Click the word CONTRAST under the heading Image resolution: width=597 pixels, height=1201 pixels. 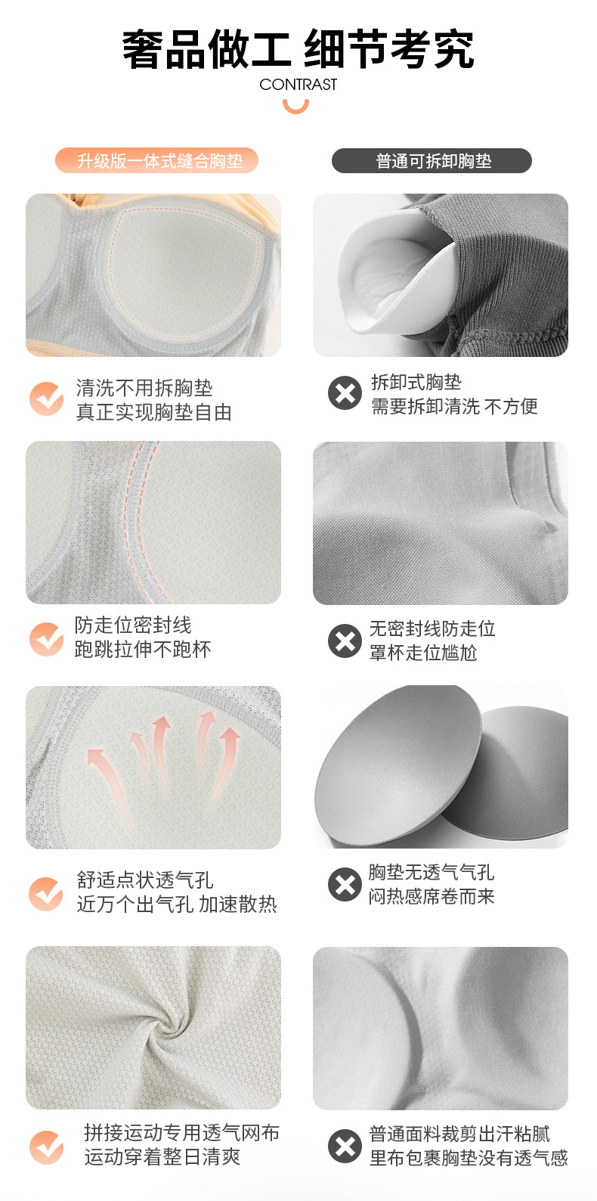(x=298, y=84)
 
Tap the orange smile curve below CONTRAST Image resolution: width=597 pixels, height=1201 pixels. (x=295, y=108)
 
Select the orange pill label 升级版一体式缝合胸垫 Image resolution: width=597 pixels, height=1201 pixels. (x=156, y=160)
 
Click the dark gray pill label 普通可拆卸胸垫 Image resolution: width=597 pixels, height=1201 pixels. (x=432, y=161)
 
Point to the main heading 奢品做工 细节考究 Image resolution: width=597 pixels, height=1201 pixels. (x=298, y=49)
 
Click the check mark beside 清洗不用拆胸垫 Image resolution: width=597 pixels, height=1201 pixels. (x=47, y=399)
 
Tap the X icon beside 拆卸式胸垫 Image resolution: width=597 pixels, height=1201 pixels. (x=345, y=393)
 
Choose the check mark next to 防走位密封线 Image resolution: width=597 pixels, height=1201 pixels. (x=47, y=638)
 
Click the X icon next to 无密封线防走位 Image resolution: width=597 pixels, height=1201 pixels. (x=345, y=641)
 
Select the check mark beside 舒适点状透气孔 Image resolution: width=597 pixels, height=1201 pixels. (x=47, y=894)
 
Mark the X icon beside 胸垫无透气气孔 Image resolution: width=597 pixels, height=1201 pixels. (x=345, y=884)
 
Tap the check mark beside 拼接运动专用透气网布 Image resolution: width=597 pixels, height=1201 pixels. (x=47, y=1147)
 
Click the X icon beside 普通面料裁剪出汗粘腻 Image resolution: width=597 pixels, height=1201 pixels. (x=345, y=1147)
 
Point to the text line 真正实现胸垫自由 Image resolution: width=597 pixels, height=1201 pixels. (x=154, y=411)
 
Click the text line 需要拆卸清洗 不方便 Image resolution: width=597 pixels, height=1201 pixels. (x=454, y=406)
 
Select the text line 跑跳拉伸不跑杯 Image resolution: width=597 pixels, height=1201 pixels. (x=143, y=649)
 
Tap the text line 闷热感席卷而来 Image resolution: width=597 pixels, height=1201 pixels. (x=432, y=896)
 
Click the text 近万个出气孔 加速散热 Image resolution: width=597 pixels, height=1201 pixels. (x=177, y=904)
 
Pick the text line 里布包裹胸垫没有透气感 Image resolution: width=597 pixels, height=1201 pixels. (x=469, y=1158)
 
